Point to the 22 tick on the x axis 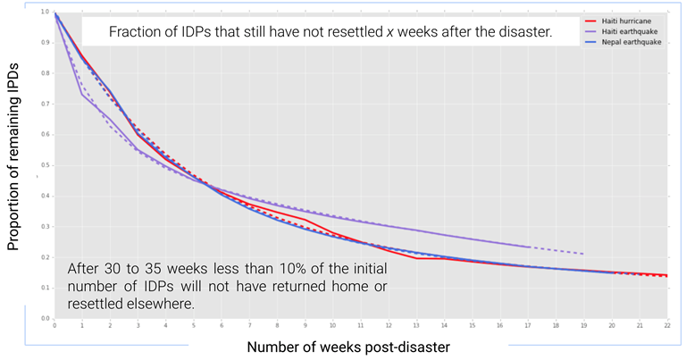point(667,325)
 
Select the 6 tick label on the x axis point(222,325)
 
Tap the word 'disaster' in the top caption point(522,33)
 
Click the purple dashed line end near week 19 point(583,254)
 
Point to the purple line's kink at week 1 point(83,94)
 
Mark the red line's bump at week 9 point(305,219)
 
